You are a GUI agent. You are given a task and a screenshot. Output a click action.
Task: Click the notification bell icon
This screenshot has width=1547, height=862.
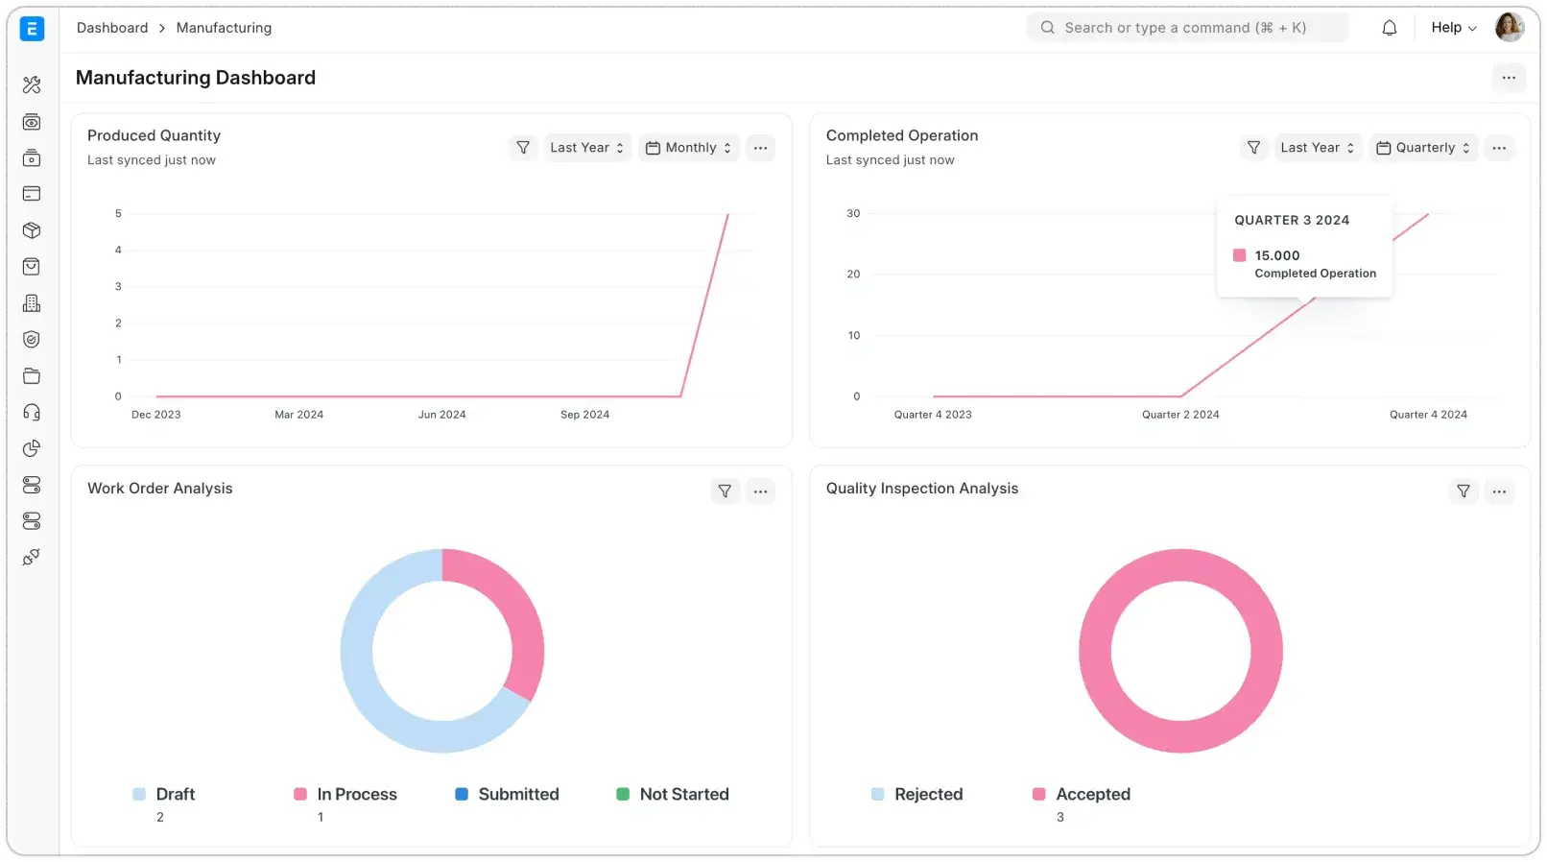pyautogui.click(x=1389, y=28)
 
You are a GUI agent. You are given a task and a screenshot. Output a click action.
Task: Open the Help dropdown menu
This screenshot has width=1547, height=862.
pyautogui.click(x=1453, y=28)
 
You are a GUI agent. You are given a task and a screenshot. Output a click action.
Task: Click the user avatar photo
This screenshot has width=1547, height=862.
pyautogui.click(x=1509, y=27)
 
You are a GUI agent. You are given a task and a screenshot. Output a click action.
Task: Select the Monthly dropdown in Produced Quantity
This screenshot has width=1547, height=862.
pyautogui.click(x=689, y=148)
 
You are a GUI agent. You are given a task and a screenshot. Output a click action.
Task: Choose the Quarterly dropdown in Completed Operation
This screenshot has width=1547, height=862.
pyautogui.click(x=1423, y=148)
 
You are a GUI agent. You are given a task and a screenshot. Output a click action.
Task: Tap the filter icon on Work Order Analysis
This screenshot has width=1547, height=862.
pyautogui.click(x=725, y=491)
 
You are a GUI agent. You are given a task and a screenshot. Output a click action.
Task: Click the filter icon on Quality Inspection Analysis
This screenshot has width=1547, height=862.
pyautogui.click(x=1463, y=491)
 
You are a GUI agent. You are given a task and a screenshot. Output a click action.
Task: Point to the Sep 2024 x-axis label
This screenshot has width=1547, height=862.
pyautogui.click(x=584, y=415)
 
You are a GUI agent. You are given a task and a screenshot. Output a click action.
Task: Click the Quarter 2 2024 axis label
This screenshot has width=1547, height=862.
pyautogui.click(x=1179, y=415)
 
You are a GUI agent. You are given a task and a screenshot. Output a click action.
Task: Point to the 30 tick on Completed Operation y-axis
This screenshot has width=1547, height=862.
pyautogui.click(x=853, y=213)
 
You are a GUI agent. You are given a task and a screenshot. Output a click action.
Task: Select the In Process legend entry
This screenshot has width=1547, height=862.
pyautogui.click(x=356, y=794)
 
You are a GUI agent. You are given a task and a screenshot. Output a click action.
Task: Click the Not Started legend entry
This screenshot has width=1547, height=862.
pyautogui.click(x=683, y=794)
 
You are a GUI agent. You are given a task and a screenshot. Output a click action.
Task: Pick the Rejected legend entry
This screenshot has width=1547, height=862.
pyautogui.click(x=927, y=794)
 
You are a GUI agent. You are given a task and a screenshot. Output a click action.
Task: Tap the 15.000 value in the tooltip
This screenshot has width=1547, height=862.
pyautogui.click(x=1276, y=255)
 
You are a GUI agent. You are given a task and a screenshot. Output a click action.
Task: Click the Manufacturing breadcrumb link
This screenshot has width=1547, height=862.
pyautogui.click(x=224, y=28)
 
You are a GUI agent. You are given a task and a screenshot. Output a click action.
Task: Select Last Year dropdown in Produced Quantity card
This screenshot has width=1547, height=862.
pyautogui.click(x=586, y=148)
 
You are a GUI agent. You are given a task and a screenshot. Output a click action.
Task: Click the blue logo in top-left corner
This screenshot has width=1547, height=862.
pyautogui.click(x=32, y=29)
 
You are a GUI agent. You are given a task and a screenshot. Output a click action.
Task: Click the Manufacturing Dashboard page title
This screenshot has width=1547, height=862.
pyautogui.click(x=196, y=78)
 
